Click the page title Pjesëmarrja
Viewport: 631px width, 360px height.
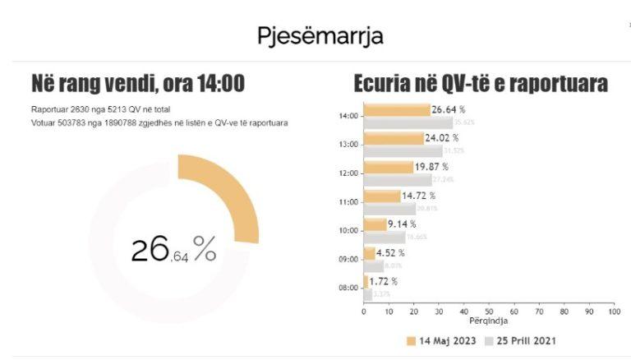click(320, 37)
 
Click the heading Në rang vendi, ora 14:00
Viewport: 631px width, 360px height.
click(137, 84)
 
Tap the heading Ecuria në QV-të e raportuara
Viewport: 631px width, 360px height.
click(481, 84)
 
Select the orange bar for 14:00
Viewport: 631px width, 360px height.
click(397, 110)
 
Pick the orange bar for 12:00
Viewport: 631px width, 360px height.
click(388, 167)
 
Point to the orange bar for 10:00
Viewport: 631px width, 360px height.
click(375, 224)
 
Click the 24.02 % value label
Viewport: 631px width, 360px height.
click(444, 138)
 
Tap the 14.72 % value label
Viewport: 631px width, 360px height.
click(419, 196)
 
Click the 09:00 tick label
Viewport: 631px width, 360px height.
click(348, 259)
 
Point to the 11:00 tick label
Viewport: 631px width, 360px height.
click(348, 201)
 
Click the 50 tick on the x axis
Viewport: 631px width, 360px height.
click(489, 312)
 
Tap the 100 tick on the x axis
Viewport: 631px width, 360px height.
click(613, 312)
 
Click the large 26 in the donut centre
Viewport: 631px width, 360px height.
click(150, 249)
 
